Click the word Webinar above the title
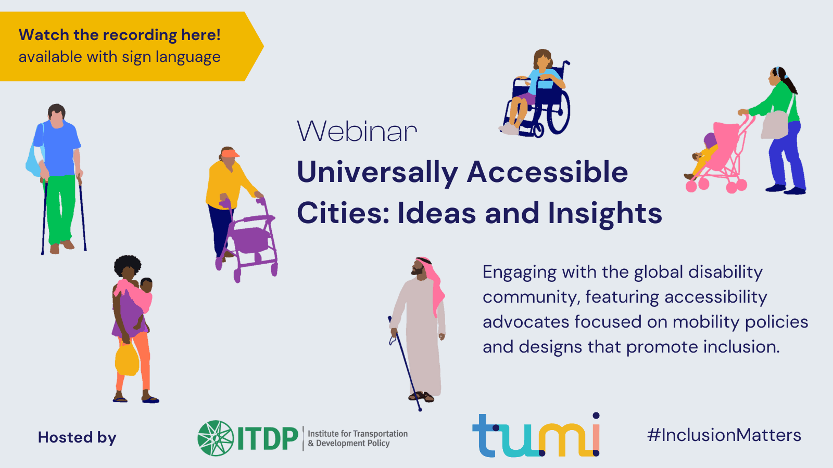(x=357, y=131)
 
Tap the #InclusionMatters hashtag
(x=724, y=435)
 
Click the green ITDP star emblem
(x=216, y=438)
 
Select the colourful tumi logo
(x=536, y=435)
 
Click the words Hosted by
(x=77, y=437)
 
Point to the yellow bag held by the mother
(x=127, y=359)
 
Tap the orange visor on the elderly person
(x=230, y=153)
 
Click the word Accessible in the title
(x=547, y=172)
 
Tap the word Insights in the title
(x=604, y=213)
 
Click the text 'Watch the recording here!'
(x=120, y=35)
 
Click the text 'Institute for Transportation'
(x=358, y=434)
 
